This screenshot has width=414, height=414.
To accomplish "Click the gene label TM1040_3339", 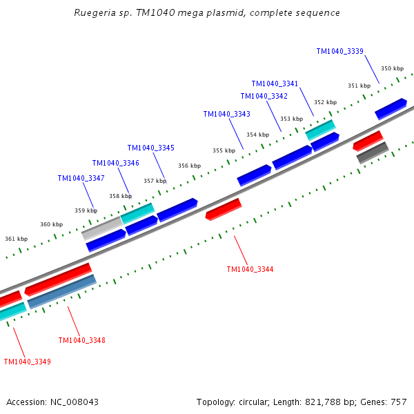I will [x=339, y=51].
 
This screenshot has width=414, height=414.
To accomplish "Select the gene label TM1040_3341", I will [x=275, y=83].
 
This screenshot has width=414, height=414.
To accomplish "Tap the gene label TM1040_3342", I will [x=264, y=97].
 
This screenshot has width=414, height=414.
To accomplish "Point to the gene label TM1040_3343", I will [x=226, y=114].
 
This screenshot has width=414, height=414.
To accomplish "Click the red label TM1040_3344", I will [x=250, y=269].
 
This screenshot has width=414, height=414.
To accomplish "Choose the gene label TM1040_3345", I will [x=150, y=148].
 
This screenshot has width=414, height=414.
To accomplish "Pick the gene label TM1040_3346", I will [x=115, y=163].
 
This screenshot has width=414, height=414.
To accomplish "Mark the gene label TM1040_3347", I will [x=81, y=178].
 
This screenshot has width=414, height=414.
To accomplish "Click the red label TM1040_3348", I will [x=81, y=340].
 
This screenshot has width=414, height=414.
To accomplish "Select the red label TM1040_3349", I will [x=27, y=362].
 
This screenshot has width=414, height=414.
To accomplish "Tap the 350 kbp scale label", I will [x=392, y=68].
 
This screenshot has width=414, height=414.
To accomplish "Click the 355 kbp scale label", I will [x=224, y=150].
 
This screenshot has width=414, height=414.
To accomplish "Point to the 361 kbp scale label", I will [x=16, y=239].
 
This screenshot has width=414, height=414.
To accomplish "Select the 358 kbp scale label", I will [x=120, y=196].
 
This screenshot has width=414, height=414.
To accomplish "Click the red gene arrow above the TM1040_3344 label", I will [x=224, y=208].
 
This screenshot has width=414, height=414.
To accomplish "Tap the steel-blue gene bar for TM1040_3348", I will [x=61, y=291].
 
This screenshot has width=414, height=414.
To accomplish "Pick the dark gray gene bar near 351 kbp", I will [x=373, y=152].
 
